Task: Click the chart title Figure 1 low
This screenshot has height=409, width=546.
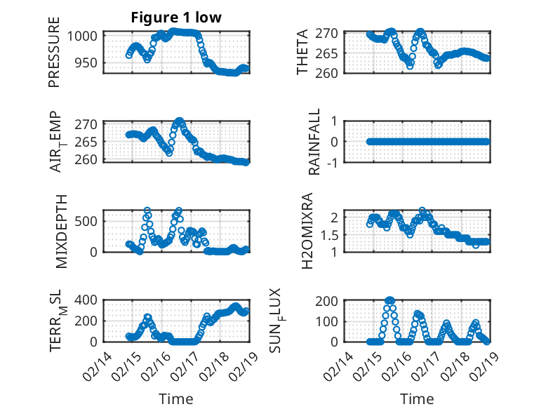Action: coord(176,18)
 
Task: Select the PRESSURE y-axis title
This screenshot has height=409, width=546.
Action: coord(54,54)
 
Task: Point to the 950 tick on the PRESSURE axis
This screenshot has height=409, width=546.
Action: coord(88,62)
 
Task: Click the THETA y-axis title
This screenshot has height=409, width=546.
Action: coord(302,53)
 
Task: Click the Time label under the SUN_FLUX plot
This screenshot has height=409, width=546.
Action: coord(417,399)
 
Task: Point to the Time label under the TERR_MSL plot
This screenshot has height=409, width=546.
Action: coord(175,399)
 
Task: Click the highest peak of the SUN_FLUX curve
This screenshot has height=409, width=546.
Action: coord(389,300)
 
